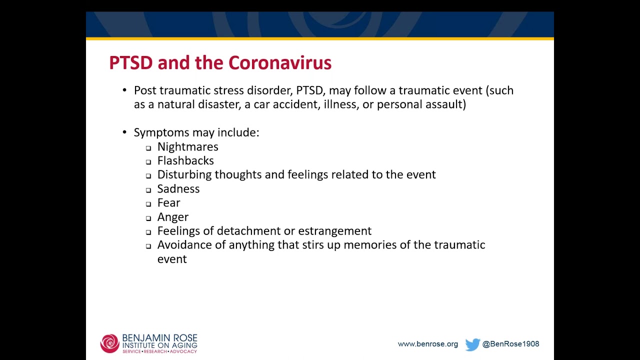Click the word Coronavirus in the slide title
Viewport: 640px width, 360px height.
[x=279, y=63]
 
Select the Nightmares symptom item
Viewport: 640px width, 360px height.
[x=187, y=147]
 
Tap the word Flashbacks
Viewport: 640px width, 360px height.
[x=185, y=161]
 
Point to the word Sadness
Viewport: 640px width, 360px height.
[x=178, y=189]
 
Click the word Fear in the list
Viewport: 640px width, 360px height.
[x=168, y=203]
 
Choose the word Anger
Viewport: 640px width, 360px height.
[x=172, y=217]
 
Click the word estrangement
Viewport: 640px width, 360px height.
[x=334, y=231]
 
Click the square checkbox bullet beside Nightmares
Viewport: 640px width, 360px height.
[x=148, y=148]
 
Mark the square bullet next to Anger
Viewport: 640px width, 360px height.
[x=148, y=218]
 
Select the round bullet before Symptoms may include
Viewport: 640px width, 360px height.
[x=124, y=132]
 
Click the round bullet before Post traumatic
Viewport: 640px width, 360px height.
[x=124, y=90]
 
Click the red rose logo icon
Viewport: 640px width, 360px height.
[x=109, y=343]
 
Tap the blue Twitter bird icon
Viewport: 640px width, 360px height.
[x=472, y=344]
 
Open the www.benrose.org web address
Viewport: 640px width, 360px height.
[x=427, y=344]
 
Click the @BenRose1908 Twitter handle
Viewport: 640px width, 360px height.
[x=510, y=344]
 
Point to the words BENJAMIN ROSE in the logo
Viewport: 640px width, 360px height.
[x=159, y=338]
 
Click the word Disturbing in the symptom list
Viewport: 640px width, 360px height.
[x=184, y=175]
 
